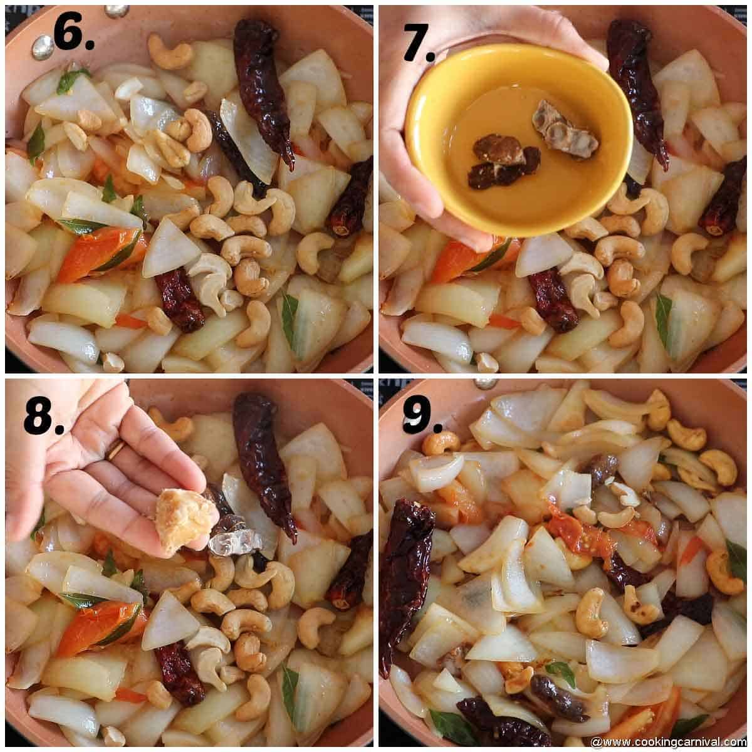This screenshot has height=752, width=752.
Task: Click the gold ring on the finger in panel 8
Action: [x=115, y=450]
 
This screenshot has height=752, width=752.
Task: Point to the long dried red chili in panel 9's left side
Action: [x=404, y=577]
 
